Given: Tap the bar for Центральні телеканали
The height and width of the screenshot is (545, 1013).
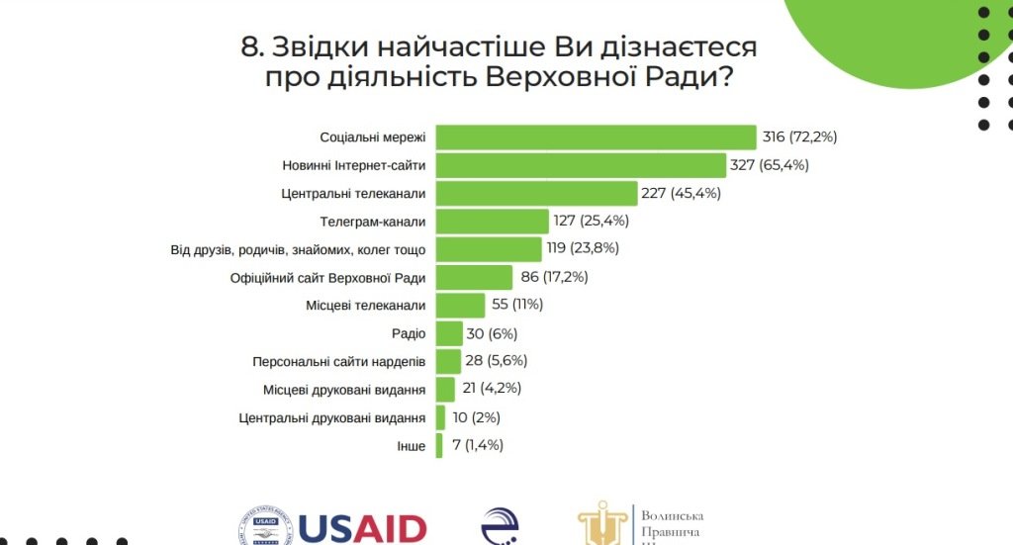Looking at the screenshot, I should pyautogui.click(x=536, y=193).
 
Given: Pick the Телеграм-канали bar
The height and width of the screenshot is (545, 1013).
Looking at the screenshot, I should pyautogui.click(x=493, y=221).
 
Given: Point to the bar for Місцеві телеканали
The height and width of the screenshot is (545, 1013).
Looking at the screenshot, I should pyautogui.click(x=461, y=305).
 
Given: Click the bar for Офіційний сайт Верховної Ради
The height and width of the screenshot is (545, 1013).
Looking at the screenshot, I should pyautogui.click(x=475, y=277).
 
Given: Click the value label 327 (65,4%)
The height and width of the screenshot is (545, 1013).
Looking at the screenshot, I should pyautogui.click(x=770, y=165).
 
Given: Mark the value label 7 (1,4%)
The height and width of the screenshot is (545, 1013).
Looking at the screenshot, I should pyautogui.click(x=478, y=445).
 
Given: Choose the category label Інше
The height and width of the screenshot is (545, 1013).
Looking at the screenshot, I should pyautogui.click(x=411, y=446).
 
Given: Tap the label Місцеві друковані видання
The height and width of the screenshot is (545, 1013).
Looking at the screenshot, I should pyautogui.click(x=344, y=390).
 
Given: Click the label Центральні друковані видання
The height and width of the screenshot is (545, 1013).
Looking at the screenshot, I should pyautogui.click(x=332, y=418).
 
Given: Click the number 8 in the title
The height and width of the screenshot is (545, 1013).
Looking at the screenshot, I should pyautogui.click(x=251, y=46).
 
